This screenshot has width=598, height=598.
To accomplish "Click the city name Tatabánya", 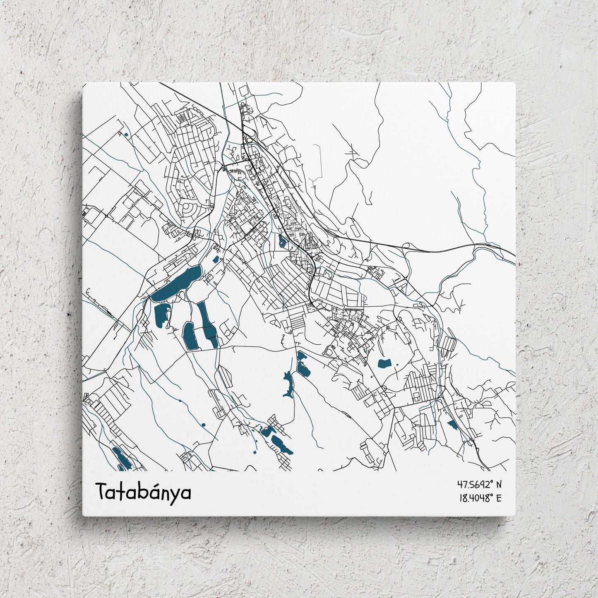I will point(144,492).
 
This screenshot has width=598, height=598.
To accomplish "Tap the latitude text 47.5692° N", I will point(479,484).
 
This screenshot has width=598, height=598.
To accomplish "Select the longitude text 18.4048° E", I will point(480,498).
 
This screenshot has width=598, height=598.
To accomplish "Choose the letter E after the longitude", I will point(498,498).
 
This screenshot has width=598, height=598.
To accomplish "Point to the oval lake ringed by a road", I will point(189,336).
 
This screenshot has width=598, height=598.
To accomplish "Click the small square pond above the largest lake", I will point(215,259).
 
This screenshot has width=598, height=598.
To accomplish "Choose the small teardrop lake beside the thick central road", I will point(283,241).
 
